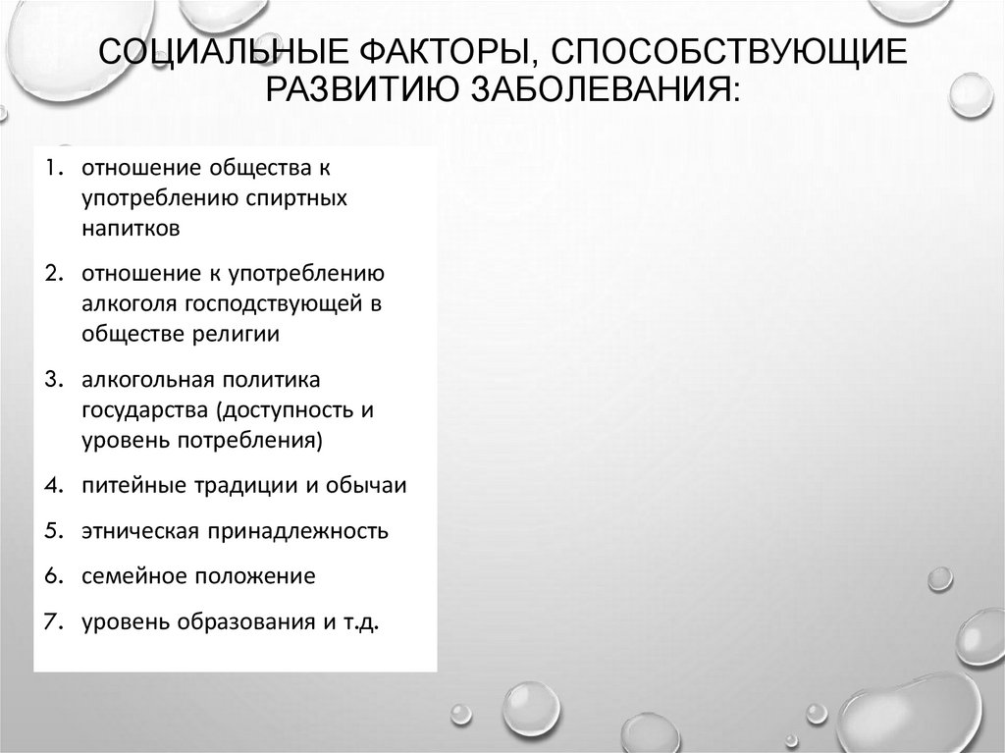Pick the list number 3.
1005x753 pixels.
click(x=53, y=378)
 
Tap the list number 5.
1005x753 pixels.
click(x=53, y=531)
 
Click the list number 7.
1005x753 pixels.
click(x=53, y=621)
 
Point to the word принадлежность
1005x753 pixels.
click(x=295, y=531)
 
